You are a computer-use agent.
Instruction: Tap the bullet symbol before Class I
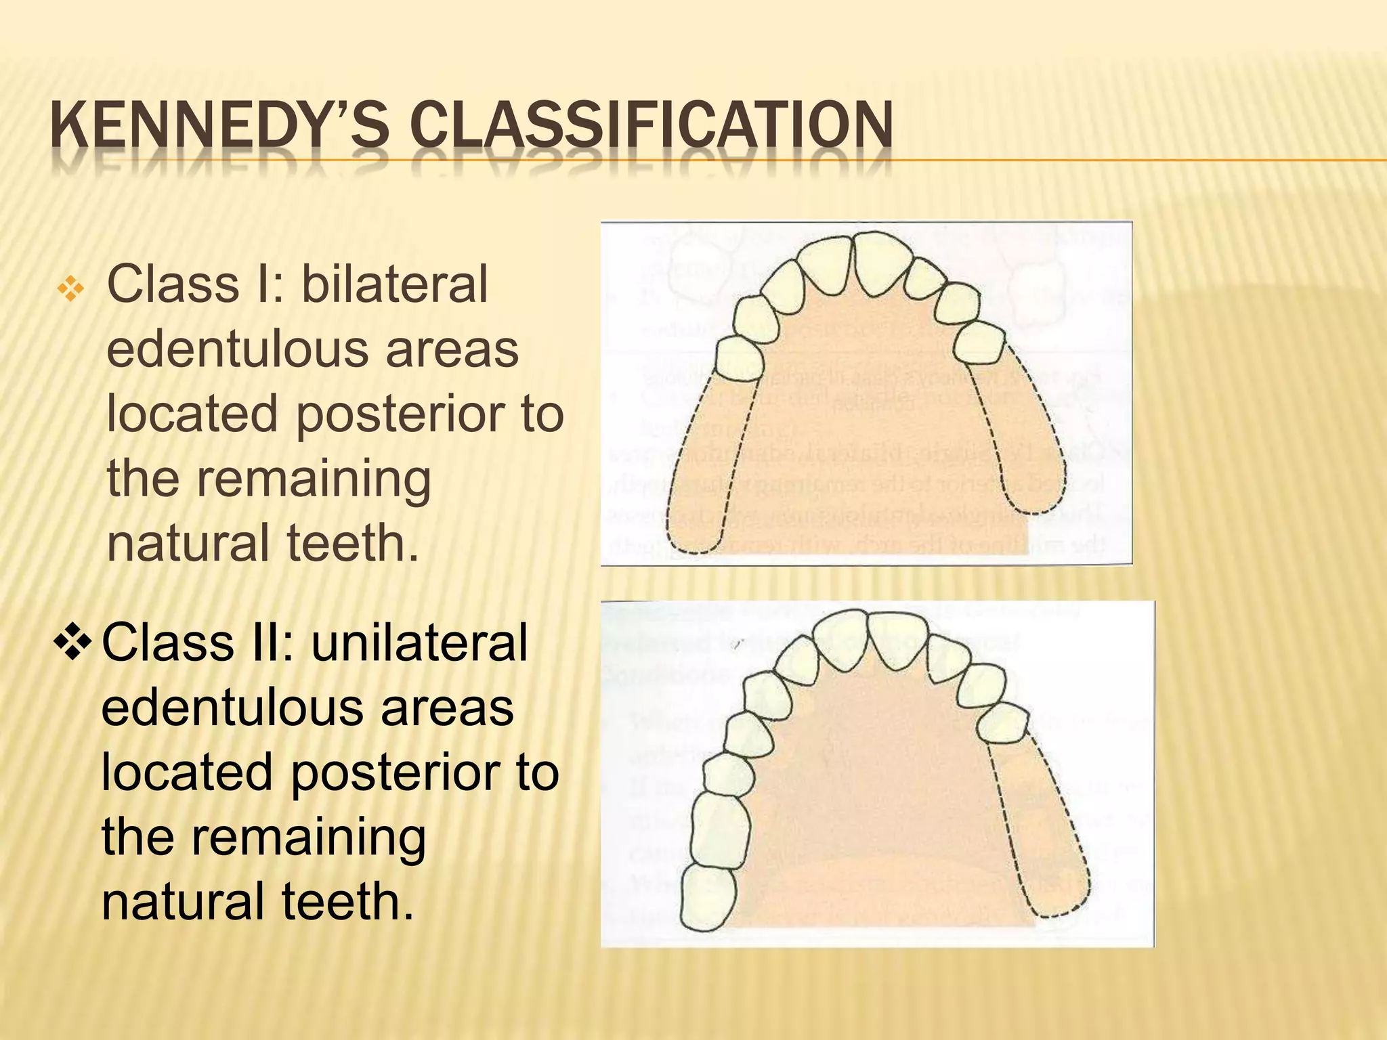point(70,290)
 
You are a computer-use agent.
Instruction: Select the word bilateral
point(394,284)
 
